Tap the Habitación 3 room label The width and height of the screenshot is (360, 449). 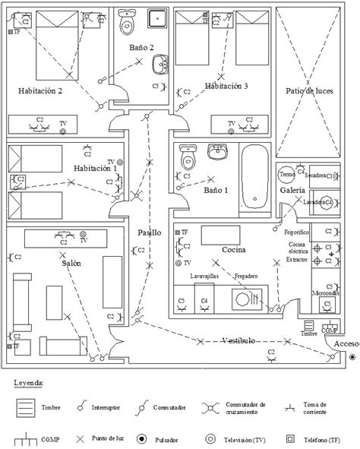click(x=226, y=86)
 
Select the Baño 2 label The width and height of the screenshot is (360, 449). click(x=141, y=47)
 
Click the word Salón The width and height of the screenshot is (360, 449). click(x=67, y=262)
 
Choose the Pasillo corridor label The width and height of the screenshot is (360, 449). click(x=149, y=232)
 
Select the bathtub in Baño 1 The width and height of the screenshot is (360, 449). click(x=254, y=177)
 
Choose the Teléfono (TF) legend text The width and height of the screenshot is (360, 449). click(x=329, y=438)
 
